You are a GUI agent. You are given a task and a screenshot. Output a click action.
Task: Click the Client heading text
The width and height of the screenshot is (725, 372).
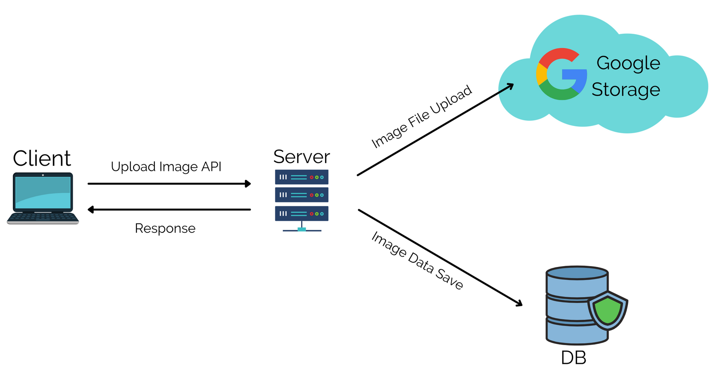[41, 158]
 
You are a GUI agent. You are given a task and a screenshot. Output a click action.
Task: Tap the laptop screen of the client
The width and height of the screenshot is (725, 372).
[43, 193]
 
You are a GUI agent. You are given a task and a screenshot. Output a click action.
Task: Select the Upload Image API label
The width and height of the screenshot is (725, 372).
[166, 167]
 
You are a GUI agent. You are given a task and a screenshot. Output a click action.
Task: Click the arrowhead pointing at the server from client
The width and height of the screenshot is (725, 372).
[248, 184]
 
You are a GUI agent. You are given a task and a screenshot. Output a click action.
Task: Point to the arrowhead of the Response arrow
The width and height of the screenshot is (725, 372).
[91, 210]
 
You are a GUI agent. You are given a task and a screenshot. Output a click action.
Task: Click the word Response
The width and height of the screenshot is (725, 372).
[165, 228]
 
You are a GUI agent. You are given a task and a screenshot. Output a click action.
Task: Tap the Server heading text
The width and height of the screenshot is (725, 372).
[302, 157]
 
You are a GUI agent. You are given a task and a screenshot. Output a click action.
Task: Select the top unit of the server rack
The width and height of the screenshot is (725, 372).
[302, 177]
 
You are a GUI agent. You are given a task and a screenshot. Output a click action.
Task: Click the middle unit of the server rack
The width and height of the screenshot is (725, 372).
[302, 195]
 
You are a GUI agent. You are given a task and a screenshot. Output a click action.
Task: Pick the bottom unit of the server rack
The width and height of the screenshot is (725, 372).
[302, 214]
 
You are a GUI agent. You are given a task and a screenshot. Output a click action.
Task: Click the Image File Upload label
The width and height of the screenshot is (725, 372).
[421, 117]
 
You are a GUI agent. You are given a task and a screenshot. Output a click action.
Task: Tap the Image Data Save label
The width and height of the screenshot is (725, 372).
[418, 260]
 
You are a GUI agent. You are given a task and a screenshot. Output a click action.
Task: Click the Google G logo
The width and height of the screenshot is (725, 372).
[561, 74]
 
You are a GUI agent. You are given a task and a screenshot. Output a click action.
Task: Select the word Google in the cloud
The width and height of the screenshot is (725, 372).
[628, 64]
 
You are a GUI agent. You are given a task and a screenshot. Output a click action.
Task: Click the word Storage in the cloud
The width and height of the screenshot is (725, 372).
[626, 89]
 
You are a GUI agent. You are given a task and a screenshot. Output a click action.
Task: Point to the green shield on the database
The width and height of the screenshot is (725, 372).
[608, 311]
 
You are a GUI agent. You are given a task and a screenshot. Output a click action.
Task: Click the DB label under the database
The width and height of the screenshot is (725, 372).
[573, 358]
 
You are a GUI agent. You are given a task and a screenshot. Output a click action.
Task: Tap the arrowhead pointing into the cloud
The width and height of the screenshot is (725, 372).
[510, 86]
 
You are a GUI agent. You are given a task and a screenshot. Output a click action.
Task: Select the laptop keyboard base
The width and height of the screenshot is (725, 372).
[43, 218]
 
